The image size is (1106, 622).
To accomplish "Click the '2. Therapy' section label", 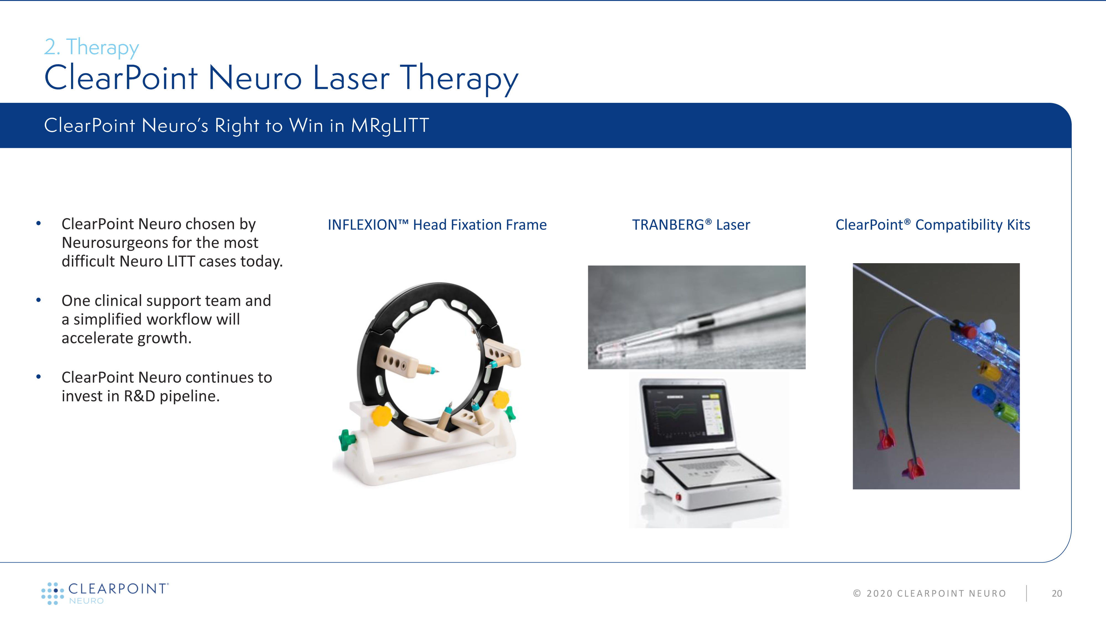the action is click(x=92, y=47).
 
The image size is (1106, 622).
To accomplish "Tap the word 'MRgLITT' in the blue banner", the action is click(x=390, y=126).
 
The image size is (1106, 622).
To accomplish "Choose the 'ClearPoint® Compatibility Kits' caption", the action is click(x=933, y=225).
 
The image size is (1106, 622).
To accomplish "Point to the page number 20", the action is click(x=1057, y=593).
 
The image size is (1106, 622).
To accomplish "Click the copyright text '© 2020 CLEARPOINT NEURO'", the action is click(x=930, y=593).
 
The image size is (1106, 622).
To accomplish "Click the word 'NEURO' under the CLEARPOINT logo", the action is click(x=86, y=601).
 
